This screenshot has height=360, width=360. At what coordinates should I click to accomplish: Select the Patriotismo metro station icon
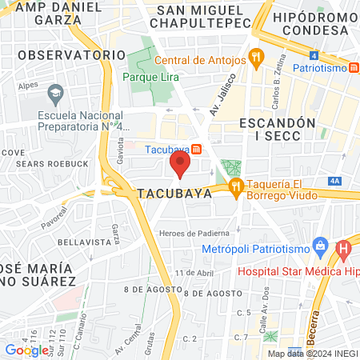(354, 68)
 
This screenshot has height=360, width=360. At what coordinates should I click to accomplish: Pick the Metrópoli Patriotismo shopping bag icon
(321, 243)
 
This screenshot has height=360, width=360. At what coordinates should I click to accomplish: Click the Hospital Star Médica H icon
(344, 251)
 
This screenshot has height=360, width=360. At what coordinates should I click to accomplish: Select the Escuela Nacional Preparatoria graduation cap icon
(55, 94)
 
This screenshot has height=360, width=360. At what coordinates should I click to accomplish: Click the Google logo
(26, 350)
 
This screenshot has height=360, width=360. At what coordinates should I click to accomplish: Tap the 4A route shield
(334, 181)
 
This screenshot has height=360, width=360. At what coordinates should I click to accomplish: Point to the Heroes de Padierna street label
(194, 233)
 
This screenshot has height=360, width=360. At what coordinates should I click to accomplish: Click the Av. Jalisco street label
(214, 100)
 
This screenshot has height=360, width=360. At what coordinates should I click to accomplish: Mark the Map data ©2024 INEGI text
(312, 353)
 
